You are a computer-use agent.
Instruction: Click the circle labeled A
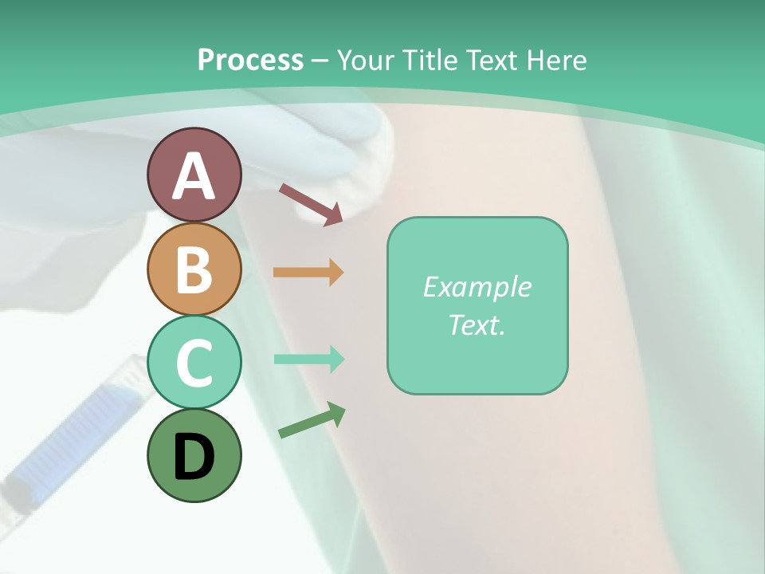click(194, 175)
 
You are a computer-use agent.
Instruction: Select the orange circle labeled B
click(194, 269)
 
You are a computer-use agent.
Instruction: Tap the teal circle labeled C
click(194, 362)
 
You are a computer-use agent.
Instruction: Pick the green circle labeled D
click(194, 455)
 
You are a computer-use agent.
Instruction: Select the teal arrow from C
click(308, 360)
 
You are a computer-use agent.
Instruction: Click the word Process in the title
click(250, 60)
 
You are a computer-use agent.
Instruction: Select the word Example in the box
click(477, 287)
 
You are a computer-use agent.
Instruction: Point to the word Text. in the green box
click(477, 324)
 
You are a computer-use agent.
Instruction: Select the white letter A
click(194, 176)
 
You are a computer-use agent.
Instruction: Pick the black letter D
click(194, 457)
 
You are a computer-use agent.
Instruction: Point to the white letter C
click(194, 363)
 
